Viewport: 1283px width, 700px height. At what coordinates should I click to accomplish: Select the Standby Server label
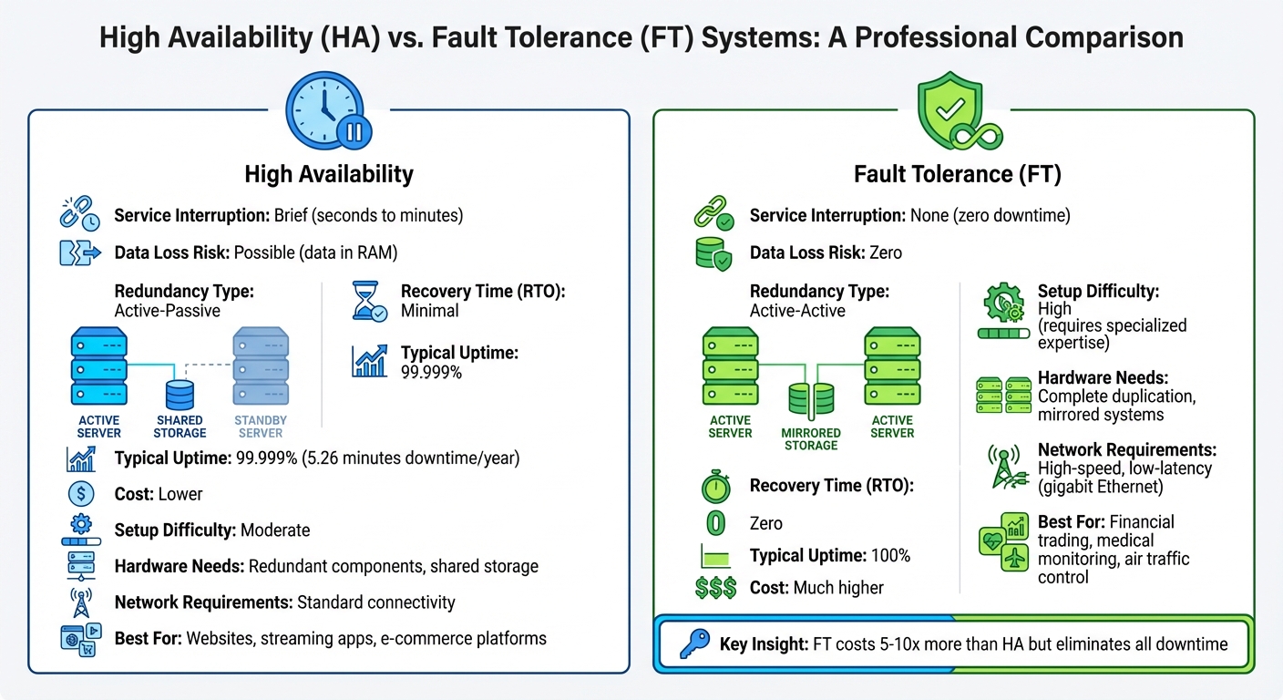pyautogui.click(x=260, y=427)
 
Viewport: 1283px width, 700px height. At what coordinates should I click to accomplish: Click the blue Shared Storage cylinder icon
pyautogui.click(x=180, y=395)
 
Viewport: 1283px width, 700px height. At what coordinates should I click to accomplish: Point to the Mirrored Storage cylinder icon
pyautogui.click(x=811, y=400)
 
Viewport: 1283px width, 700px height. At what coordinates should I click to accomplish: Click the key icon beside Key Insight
pyautogui.click(x=695, y=644)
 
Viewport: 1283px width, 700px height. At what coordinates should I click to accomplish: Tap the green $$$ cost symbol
pyautogui.click(x=715, y=588)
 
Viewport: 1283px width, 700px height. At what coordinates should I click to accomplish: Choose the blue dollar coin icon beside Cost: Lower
pyautogui.click(x=81, y=494)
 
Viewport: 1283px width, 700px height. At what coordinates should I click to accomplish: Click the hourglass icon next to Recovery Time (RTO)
pyautogui.click(x=370, y=302)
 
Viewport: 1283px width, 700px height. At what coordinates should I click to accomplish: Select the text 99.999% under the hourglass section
pyautogui.click(x=431, y=372)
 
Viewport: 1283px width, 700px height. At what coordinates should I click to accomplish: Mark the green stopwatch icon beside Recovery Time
pyautogui.click(x=715, y=486)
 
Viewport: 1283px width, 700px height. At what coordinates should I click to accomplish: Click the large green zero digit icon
pyautogui.click(x=715, y=523)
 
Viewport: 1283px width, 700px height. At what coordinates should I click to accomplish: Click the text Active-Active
pyautogui.click(x=797, y=311)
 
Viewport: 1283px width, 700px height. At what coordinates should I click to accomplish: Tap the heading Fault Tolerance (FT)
pyautogui.click(x=958, y=174)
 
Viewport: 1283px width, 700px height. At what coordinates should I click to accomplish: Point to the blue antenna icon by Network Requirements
pyautogui.click(x=81, y=602)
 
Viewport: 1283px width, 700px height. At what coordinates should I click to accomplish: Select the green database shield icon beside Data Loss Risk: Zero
pyautogui.click(x=713, y=253)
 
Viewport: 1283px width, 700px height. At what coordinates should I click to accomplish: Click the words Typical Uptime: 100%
pyautogui.click(x=829, y=556)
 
